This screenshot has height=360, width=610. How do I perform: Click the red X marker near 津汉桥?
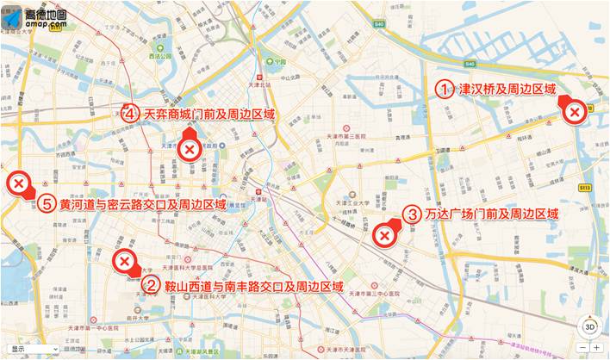575,112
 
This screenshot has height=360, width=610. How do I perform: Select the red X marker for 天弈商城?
190,151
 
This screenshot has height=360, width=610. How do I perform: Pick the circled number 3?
413,214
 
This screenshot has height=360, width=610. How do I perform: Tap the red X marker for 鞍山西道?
126,262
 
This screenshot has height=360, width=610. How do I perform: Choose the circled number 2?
150,285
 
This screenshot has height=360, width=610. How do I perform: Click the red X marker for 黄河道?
17,183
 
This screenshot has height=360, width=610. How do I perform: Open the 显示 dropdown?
30,350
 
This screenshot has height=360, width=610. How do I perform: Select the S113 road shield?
585,187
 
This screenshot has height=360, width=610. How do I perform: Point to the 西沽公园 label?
160,57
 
